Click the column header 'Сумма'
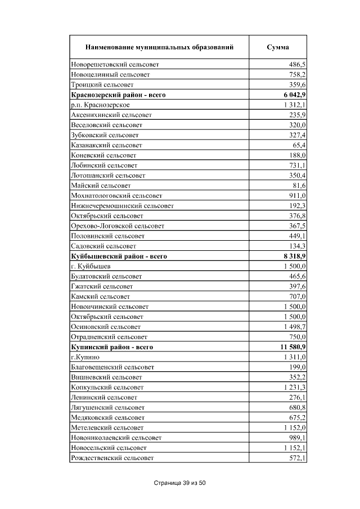[278, 47]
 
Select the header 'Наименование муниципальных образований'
[159, 47]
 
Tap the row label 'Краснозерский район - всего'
[118, 95]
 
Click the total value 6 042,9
[291, 95]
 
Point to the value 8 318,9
[291, 256]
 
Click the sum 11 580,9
[289, 347]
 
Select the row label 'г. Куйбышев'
[91, 266]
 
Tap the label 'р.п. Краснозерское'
[101, 105]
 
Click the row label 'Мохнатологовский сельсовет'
[116, 196]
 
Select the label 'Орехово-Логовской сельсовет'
[118, 226]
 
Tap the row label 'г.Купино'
[85, 357]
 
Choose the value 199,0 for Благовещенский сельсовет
[295, 367]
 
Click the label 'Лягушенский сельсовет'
[107, 407]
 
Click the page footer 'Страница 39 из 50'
[181, 483]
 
